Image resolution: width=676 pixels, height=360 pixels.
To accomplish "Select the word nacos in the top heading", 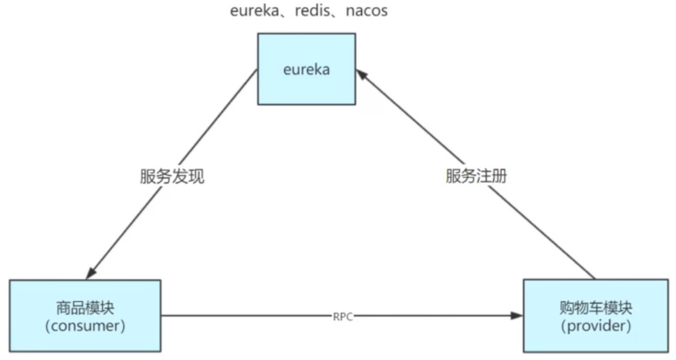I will point(363,11).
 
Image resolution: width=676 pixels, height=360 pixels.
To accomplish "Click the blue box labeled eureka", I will point(306,69).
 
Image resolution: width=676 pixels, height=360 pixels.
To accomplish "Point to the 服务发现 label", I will point(172,177).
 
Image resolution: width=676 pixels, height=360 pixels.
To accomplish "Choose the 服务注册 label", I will point(476,177).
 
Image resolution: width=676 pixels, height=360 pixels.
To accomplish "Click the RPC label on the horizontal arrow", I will point(343,316).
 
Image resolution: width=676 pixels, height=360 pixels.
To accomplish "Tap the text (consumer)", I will point(85,325).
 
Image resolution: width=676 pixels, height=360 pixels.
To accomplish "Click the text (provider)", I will point(596,325).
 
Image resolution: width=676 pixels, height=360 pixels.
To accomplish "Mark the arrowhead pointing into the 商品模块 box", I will point(92,272).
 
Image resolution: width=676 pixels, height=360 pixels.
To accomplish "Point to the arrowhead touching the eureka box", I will point(361,75).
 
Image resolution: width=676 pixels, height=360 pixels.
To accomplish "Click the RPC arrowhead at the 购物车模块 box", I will point(517,316).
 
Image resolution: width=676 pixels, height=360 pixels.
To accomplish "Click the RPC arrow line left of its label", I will point(249,316).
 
